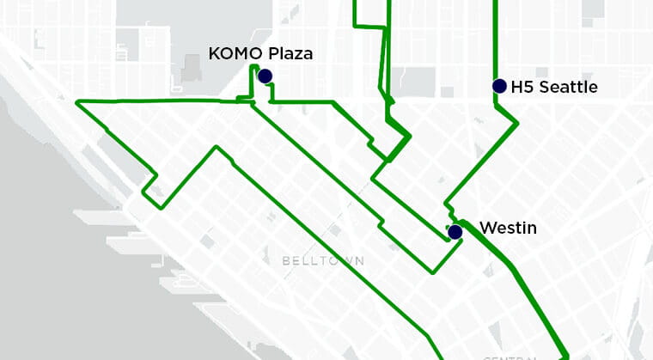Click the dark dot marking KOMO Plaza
click(265, 76)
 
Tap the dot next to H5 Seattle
click(499, 86)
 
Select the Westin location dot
click(455, 231)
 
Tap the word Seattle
click(567, 87)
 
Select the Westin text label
click(508, 228)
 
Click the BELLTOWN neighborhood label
click(322, 260)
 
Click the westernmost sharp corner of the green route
click(77, 102)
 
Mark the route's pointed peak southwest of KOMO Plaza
click(216, 147)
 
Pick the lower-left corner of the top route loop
click(356, 27)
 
